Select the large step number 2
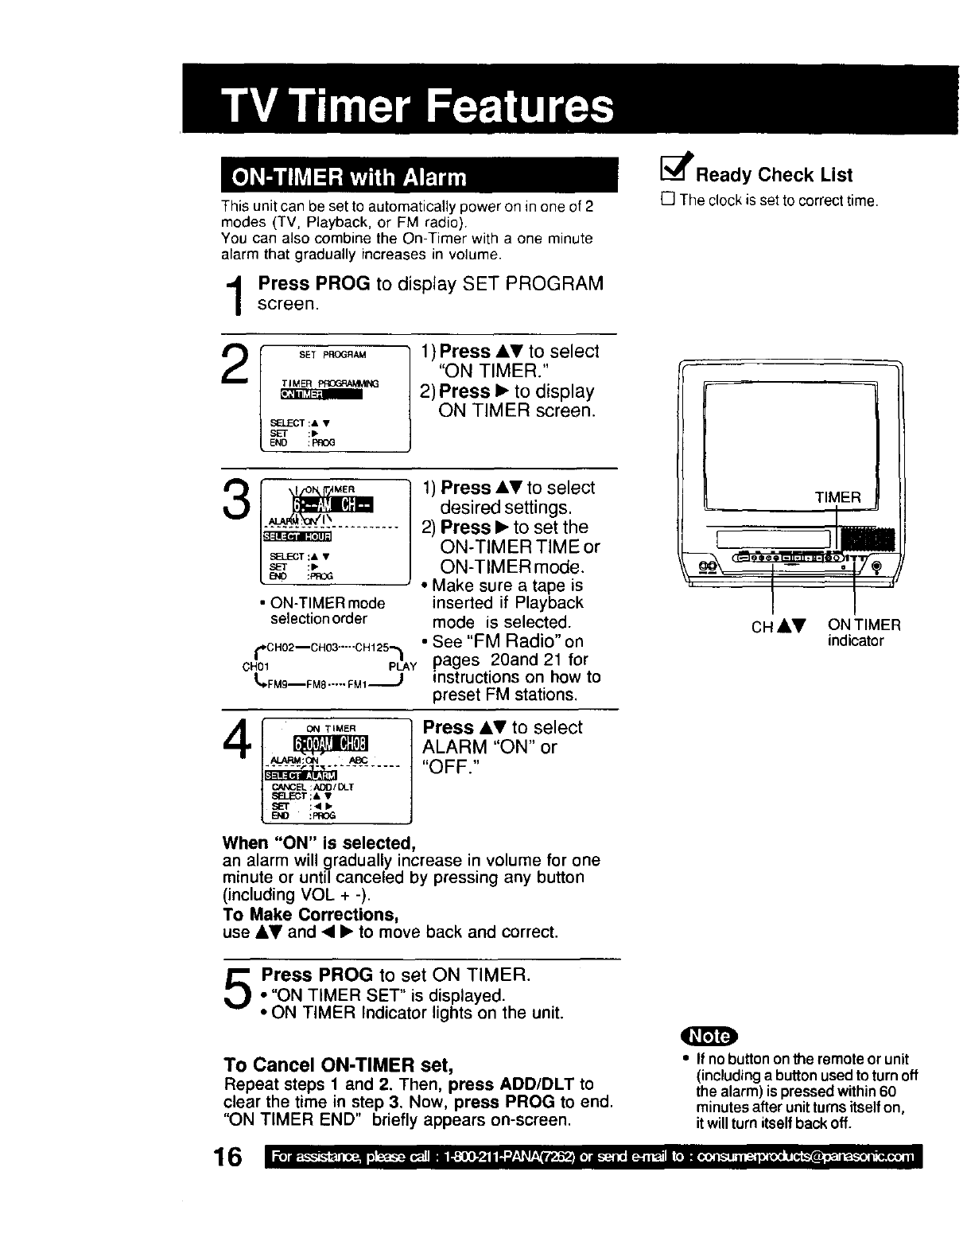coord(235,366)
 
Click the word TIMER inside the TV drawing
coord(837,497)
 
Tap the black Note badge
coord(710,1037)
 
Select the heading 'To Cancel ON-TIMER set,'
coord(339,1064)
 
